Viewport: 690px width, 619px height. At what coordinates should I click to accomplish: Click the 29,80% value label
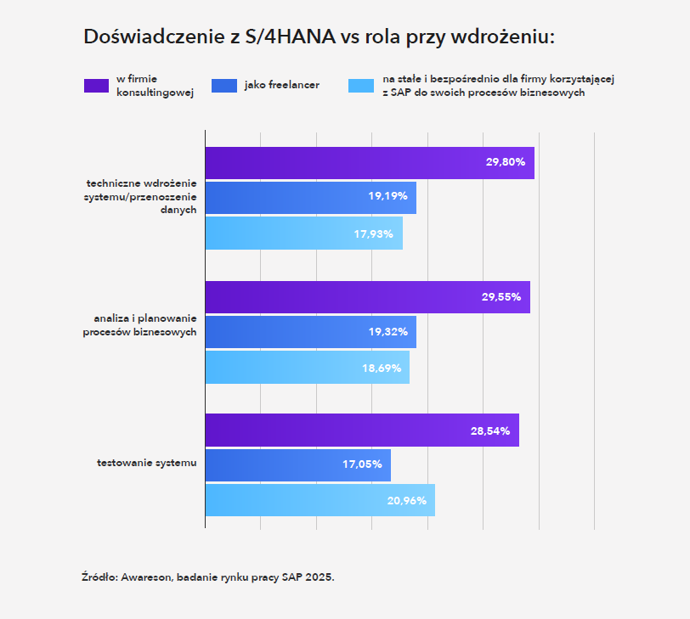505,162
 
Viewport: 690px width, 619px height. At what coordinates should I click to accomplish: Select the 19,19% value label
387,197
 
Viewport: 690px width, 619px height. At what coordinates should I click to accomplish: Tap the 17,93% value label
373,234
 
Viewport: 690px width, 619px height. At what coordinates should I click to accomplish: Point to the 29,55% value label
501,297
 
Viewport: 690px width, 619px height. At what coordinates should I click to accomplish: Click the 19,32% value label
387,332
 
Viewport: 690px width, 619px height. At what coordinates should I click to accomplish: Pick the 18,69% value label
381,368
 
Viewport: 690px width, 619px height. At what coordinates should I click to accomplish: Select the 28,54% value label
489,430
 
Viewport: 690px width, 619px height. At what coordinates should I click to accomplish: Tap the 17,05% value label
362,464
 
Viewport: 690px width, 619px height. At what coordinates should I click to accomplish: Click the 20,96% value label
406,500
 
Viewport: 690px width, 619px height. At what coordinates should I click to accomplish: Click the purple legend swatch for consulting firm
96,85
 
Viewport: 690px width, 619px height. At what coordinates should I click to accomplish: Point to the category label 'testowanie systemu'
146,463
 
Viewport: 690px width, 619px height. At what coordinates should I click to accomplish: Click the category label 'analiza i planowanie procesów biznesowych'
140,324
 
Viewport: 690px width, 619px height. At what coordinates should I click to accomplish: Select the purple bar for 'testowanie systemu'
361,430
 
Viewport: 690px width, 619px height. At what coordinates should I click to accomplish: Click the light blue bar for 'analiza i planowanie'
307,367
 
